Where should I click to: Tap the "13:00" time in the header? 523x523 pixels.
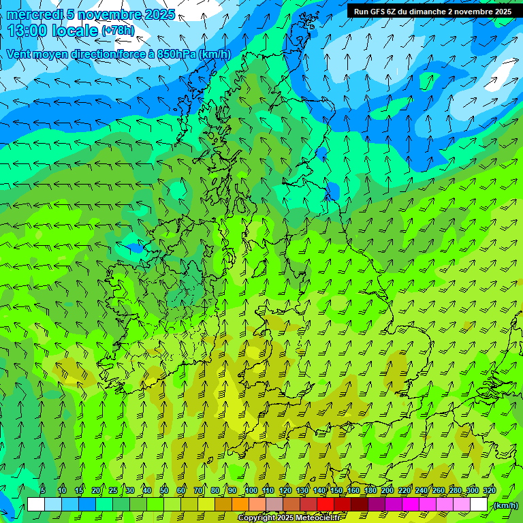pyautogui.click(x=28, y=31)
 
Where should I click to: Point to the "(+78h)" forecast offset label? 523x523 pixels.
pyautogui.click(x=118, y=31)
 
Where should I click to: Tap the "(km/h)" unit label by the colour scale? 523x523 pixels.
pyautogui.click(x=506, y=505)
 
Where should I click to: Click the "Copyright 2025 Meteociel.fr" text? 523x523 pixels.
pyautogui.click(x=289, y=518)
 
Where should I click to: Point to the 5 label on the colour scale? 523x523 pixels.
pyautogui.click(x=43, y=491)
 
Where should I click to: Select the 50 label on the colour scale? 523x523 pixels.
pyautogui.click(x=163, y=491)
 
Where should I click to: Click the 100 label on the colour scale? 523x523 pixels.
pyautogui.click(x=251, y=491)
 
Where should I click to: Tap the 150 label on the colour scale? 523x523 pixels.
pyautogui.click(x=336, y=491)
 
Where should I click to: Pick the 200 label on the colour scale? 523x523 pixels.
pyautogui.click(x=387, y=491)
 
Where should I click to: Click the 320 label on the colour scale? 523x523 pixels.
pyautogui.click(x=490, y=491)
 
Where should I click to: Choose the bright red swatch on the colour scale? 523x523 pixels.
pyautogui.click(x=326, y=505)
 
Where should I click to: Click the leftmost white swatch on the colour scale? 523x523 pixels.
pyautogui.click(x=36, y=505)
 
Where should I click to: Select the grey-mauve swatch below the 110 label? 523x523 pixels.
pyautogui.click(x=274, y=505)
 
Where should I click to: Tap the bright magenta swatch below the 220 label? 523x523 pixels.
pyautogui.click(x=411, y=505)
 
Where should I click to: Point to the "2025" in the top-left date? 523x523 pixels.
pyautogui.click(x=159, y=14)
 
